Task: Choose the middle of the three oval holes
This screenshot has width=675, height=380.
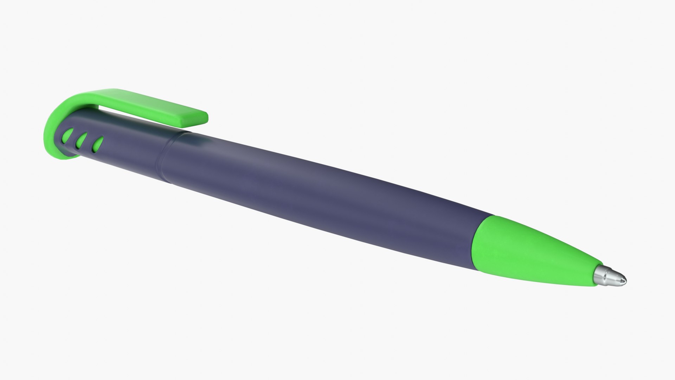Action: (x=82, y=140)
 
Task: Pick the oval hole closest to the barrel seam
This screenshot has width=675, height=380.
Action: (x=98, y=144)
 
